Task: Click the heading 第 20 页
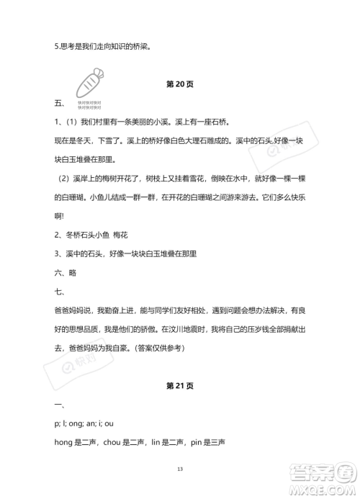coord(179,84)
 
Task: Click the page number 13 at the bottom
coord(180,469)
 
